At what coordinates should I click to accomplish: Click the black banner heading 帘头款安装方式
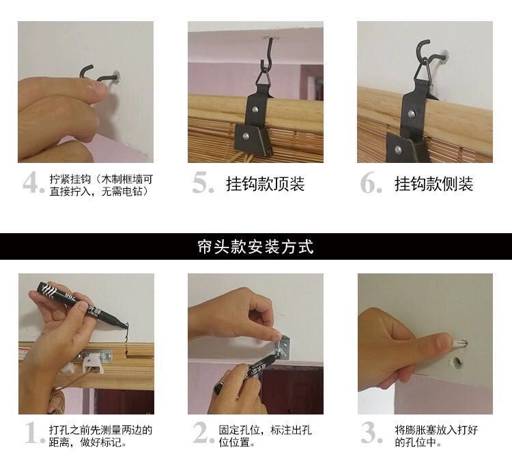coord(256,247)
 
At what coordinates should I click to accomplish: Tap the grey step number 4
coord(33,183)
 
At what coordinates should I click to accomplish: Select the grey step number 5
coord(203,183)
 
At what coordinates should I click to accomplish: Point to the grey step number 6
coord(371,183)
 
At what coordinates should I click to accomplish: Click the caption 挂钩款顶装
coord(265,183)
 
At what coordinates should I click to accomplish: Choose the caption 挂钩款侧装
coord(433,183)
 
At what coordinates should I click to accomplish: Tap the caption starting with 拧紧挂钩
coord(101,185)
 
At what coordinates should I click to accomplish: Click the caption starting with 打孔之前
coord(101,436)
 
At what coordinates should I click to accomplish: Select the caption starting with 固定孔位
coord(265,436)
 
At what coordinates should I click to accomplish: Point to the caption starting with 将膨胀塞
coord(436,436)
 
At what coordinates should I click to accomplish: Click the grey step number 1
coord(34,432)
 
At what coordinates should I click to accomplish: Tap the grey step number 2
coord(203,432)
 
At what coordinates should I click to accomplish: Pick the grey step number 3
coord(371,432)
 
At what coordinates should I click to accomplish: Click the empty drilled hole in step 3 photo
coord(457,362)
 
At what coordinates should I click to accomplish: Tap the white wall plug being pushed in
coord(459,344)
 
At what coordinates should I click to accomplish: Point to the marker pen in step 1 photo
coord(82,305)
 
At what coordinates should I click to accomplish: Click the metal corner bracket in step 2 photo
coord(283,347)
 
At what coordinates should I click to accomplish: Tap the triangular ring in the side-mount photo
coord(423,70)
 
